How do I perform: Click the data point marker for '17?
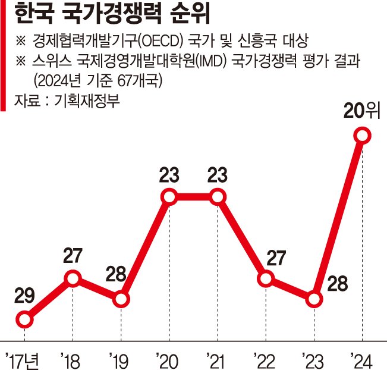click(24, 320)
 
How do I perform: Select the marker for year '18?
click(73, 278)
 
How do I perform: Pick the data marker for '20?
click(169, 196)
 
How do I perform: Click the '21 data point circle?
click(218, 196)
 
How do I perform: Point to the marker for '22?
click(266, 278)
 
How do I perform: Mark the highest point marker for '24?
click(362, 136)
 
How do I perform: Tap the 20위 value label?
click(361, 111)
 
